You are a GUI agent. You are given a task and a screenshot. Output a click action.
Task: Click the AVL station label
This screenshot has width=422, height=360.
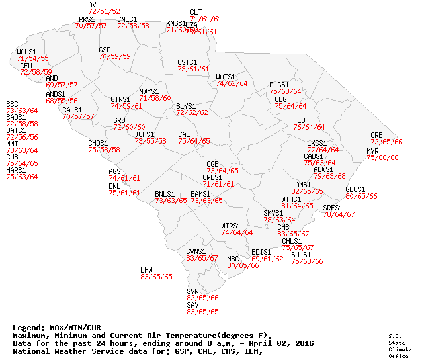point(94,5)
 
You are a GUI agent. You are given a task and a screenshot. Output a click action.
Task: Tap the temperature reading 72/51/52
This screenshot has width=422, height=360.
point(104,12)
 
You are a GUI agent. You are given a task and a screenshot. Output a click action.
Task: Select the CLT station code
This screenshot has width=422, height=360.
point(196,12)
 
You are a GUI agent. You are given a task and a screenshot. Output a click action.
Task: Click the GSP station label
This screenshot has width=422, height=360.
point(105,50)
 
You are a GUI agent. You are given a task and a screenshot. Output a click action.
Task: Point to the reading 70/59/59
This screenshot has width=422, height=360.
point(115,57)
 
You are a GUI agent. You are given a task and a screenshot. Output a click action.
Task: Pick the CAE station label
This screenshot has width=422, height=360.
point(184,134)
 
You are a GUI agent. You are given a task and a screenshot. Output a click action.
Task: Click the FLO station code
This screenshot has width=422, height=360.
point(299,120)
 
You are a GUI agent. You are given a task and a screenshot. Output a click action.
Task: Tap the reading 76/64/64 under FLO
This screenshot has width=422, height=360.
point(309,127)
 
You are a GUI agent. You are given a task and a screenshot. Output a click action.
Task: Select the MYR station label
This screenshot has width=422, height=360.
point(372,151)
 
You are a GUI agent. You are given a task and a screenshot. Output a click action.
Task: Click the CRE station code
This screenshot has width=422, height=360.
point(376,135)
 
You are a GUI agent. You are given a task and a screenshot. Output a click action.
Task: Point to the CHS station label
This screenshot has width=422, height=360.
point(283,227)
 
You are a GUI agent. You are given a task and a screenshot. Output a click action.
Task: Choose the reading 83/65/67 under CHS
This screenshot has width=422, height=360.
point(293,234)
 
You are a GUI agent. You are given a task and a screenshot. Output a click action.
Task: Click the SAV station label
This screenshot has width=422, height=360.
point(192,304)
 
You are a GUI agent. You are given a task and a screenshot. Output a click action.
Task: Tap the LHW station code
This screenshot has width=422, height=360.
point(146,270)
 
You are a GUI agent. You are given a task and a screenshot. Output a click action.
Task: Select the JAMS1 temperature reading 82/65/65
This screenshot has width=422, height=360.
point(308,191)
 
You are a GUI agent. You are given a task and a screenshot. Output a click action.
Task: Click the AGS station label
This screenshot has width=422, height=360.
point(114,171)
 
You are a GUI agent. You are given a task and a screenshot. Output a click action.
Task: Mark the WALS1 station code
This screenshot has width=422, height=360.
point(26,51)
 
